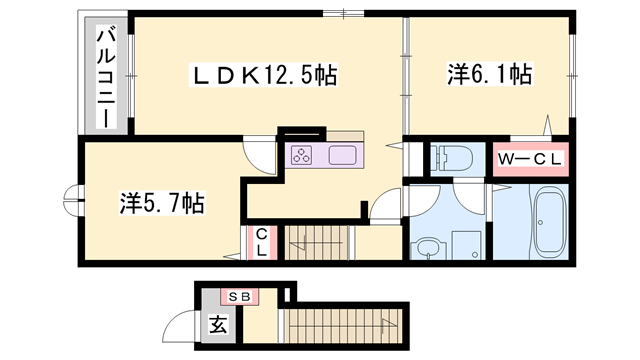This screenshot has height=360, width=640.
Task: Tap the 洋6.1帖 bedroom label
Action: click(489, 73)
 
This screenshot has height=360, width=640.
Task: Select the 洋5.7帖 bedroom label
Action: click(162, 204)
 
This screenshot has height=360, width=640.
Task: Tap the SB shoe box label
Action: click(240, 296)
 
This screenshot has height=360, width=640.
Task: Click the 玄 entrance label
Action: click(217, 325)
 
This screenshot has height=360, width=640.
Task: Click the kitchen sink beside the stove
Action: click(343, 155)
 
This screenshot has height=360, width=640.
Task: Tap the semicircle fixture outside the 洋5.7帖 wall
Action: click(72, 199)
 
